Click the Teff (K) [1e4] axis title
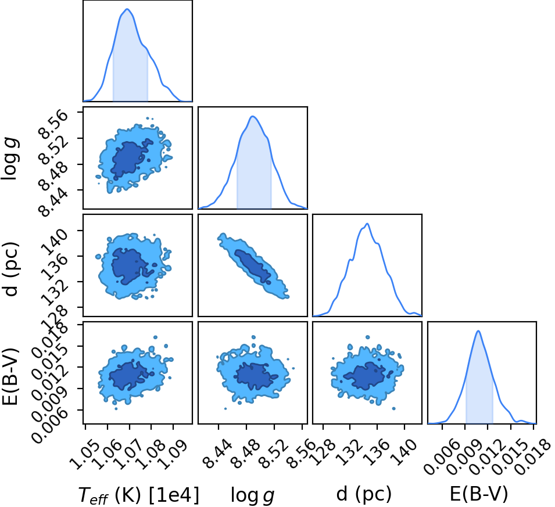(x=138, y=494)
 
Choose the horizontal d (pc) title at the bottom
(x=364, y=493)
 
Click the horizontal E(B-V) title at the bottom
(x=479, y=493)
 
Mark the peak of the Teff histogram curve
(x=127, y=9)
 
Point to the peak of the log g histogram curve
(x=252, y=116)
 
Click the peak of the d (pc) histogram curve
(x=368, y=224)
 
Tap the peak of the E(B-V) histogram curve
(x=478, y=331)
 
